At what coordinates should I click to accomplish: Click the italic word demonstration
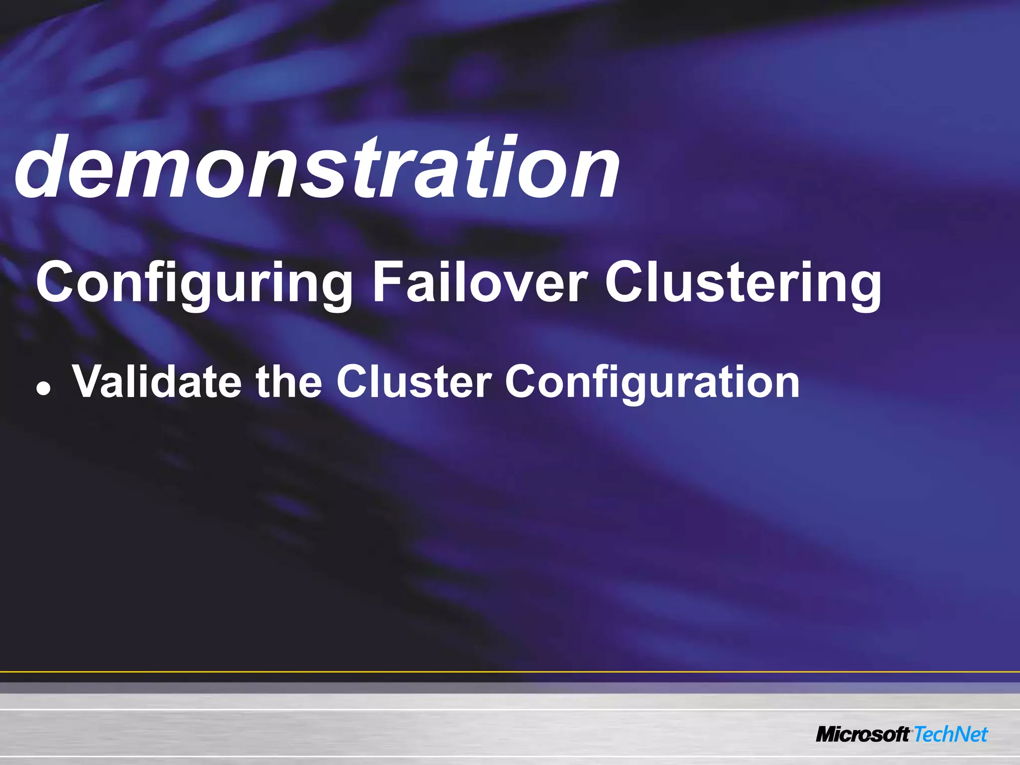point(317,167)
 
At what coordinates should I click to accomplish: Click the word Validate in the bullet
point(157,381)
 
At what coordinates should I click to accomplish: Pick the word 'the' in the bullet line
point(289,381)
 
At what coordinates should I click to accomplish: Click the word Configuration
point(652,381)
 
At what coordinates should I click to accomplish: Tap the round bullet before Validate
point(44,390)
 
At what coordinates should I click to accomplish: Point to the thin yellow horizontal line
point(510,672)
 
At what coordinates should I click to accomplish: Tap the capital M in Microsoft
point(829,735)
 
